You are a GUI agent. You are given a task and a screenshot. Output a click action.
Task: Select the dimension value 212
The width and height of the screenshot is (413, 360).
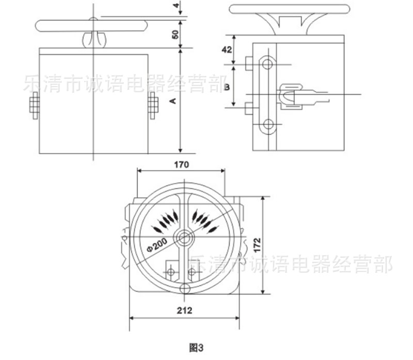(x=184, y=310)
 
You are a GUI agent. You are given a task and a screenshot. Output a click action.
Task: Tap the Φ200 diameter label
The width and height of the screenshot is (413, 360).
(x=155, y=242)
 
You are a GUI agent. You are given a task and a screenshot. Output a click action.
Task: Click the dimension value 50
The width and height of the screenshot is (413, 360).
(x=175, y=35)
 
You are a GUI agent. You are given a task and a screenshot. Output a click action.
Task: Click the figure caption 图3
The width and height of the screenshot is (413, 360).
(x=198, y=346)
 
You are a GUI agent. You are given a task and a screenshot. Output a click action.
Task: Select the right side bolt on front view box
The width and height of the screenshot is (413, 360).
(x=153, y=107)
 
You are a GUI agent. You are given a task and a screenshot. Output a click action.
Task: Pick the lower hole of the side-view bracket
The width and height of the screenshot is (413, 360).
(x=267, y=124)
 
